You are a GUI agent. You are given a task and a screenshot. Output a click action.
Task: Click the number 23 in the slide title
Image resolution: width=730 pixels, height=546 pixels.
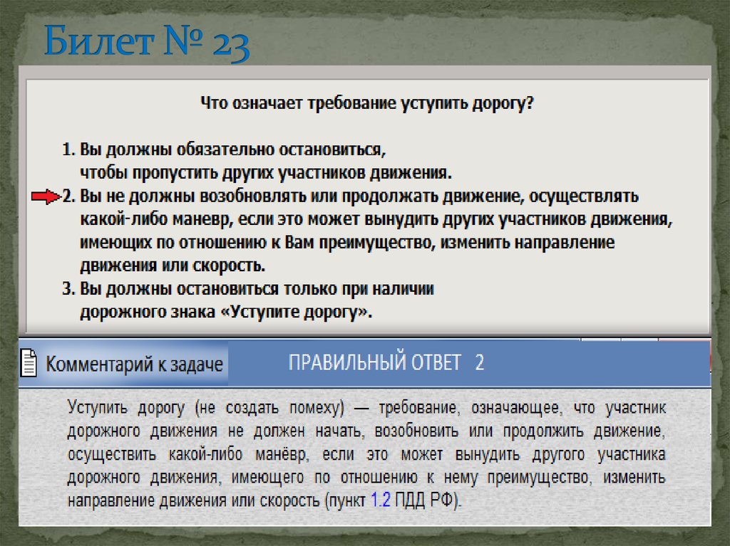coord(229,46)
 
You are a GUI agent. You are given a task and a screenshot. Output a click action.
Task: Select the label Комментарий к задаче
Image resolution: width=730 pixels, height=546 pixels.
coord(134,364)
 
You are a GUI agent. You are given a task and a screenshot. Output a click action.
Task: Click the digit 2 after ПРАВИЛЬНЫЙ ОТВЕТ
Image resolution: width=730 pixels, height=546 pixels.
coord(479,362)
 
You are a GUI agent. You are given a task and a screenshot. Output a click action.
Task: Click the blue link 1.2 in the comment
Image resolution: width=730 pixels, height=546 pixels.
coord(380,500)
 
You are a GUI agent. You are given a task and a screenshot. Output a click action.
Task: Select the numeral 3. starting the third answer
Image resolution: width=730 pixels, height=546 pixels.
coord(66,290)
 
